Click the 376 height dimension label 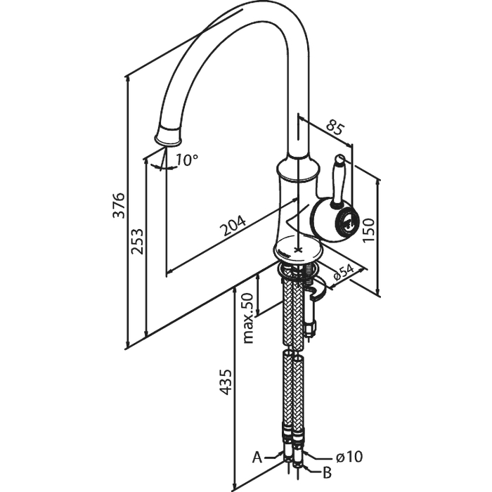point(119,205)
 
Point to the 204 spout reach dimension point(233,226)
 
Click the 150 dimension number point(368,230)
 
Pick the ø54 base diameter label point(344,272)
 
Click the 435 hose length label point(225,382)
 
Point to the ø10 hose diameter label point(349,456)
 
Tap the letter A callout point(257,458)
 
